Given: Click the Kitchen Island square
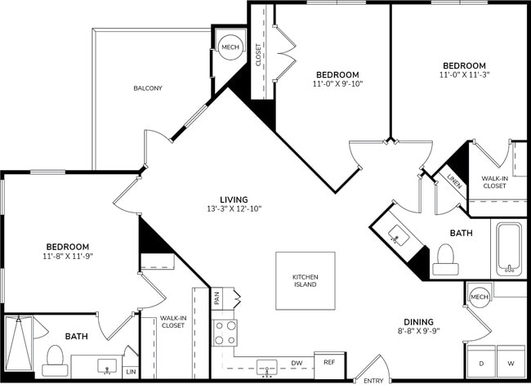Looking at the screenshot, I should point(305,280).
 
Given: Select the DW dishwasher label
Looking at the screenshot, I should point(297,363).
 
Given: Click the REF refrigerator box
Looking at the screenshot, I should point(329,362).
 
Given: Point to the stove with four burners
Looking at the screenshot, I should point(225,333).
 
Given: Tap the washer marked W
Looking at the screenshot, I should point(511,362).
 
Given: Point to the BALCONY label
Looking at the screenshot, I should point(148,88).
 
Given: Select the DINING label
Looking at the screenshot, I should point(417,321).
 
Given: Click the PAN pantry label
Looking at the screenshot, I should point(217,299).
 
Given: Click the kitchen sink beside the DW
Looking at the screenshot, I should point(266,365).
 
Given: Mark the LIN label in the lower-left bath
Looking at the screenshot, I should point(131,372).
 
